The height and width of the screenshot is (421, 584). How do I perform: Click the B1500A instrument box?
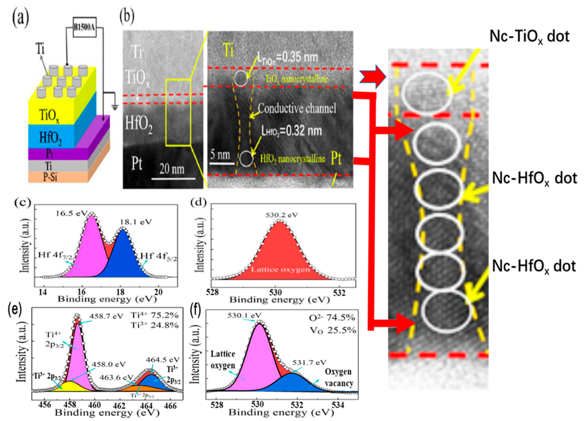pos(84,27)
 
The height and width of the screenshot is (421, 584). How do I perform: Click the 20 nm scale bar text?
pos(172,169)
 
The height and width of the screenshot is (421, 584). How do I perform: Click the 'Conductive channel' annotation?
pos(297,108)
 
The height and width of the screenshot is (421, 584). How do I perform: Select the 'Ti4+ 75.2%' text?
pos(155,315)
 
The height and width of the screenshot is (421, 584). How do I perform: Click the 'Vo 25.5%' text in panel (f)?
pos(332,330)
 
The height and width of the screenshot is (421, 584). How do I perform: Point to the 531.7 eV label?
pos(309,362)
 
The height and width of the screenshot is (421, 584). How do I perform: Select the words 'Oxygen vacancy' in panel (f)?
pos(339,377)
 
